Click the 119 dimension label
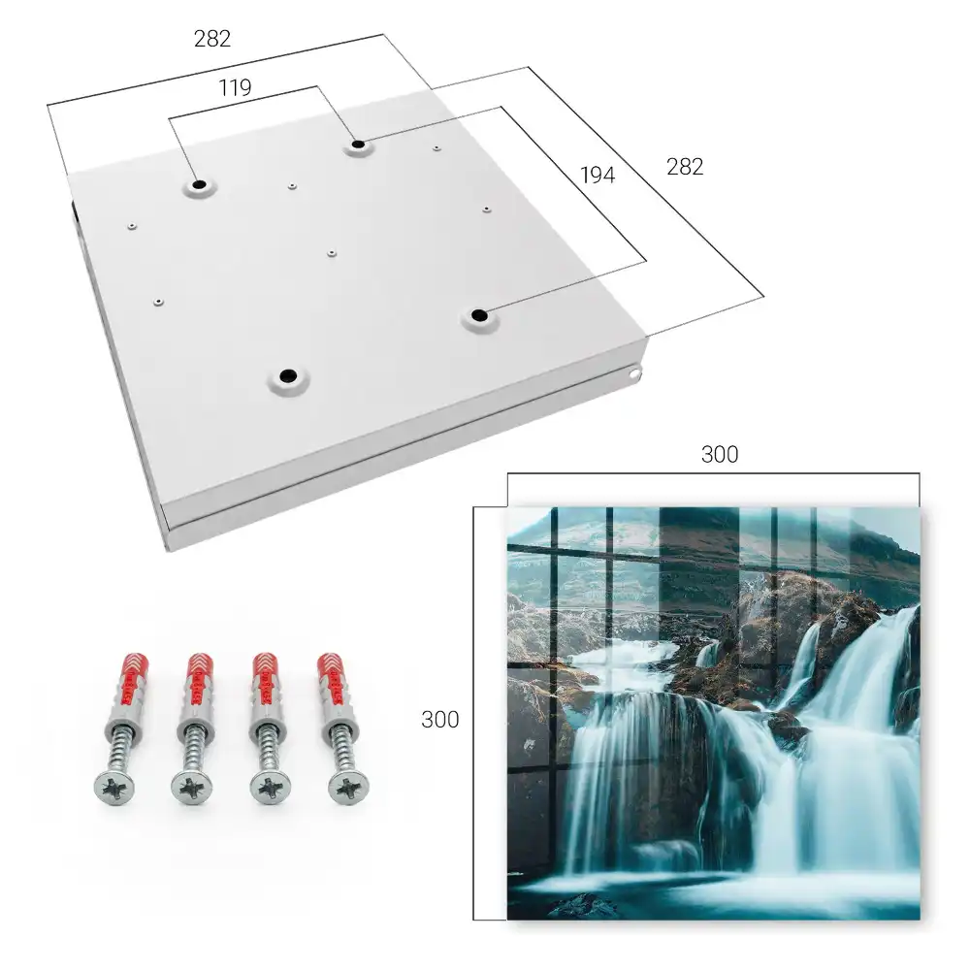(235, 88)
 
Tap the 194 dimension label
(598, 176)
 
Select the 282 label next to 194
(685, 167)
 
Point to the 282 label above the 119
(212, 39)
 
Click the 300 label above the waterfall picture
(720, 455)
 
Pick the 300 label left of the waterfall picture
(439, 720)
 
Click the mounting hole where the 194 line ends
(479, 315)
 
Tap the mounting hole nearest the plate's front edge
(288, 375)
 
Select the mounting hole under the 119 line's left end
(199, 184)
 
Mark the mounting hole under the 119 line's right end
(358, 145)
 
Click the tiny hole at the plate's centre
(332, 253)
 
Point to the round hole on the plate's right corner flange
(634, 373)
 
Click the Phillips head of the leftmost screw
(115, 787)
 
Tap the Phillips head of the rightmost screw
(349, 788)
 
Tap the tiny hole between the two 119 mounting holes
(292, 185)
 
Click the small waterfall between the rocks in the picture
(708, 653)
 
